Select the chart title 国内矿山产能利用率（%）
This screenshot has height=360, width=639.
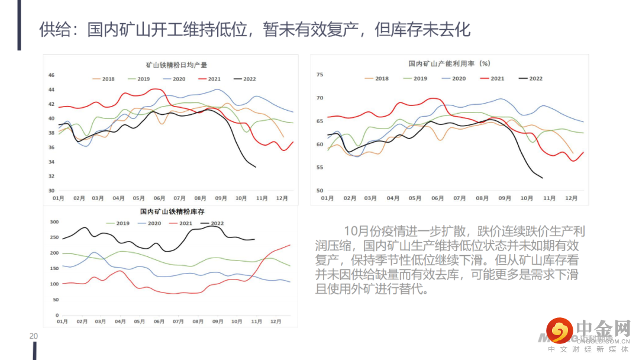449,63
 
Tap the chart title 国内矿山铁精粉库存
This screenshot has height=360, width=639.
172,211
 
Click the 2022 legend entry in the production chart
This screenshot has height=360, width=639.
244,79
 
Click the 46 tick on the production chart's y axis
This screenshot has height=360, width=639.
51,75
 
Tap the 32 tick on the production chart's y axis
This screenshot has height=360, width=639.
51,176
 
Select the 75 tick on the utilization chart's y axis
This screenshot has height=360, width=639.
320,75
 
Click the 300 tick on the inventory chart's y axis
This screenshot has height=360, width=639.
54,222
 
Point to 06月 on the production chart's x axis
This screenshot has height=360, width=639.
159,198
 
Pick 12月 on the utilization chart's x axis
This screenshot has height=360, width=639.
571,198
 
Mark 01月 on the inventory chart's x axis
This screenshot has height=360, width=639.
62,322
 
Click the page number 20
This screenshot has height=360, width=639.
34,336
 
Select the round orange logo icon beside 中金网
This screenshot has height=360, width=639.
559,330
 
